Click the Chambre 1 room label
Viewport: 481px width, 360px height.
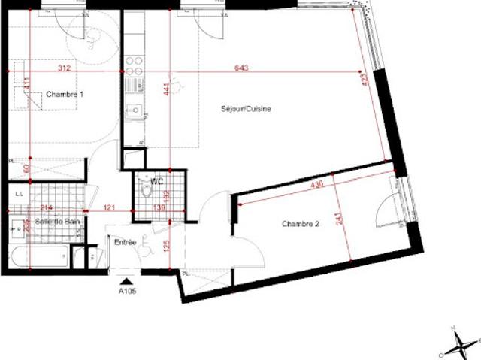pyautogui.click(x=65, y=95)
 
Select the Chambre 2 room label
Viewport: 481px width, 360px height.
pyautogui.click(x=302, y=223)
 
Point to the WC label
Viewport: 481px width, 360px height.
pyautogui.click(x=157, y=181)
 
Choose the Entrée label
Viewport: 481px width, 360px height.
pyautogui.click(x=125, y=242)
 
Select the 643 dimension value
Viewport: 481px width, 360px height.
pyautogui.click(x=241, y=68)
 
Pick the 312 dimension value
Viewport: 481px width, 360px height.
pyautogui.click(x=63, y=68)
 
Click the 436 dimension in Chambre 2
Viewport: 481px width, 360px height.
pyautogui.click(x=317, y=183)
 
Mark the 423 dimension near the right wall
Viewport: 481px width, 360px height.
pyautogui.click(x=365, y=80)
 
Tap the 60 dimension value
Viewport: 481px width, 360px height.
pyautogui.click(x=27, y=169)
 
